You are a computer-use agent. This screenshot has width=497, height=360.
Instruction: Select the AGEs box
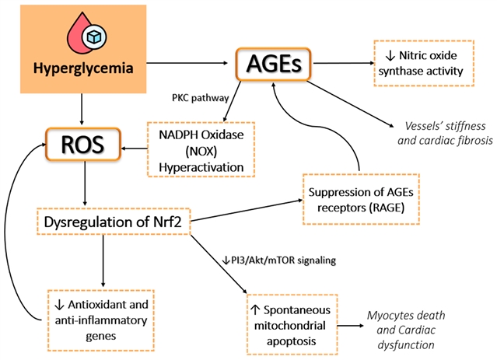coord(274,63)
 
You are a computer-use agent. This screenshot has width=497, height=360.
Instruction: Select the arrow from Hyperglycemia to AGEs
coord(190,63)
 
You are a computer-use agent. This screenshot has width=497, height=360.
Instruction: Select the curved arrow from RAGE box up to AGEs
coord(327,124)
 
